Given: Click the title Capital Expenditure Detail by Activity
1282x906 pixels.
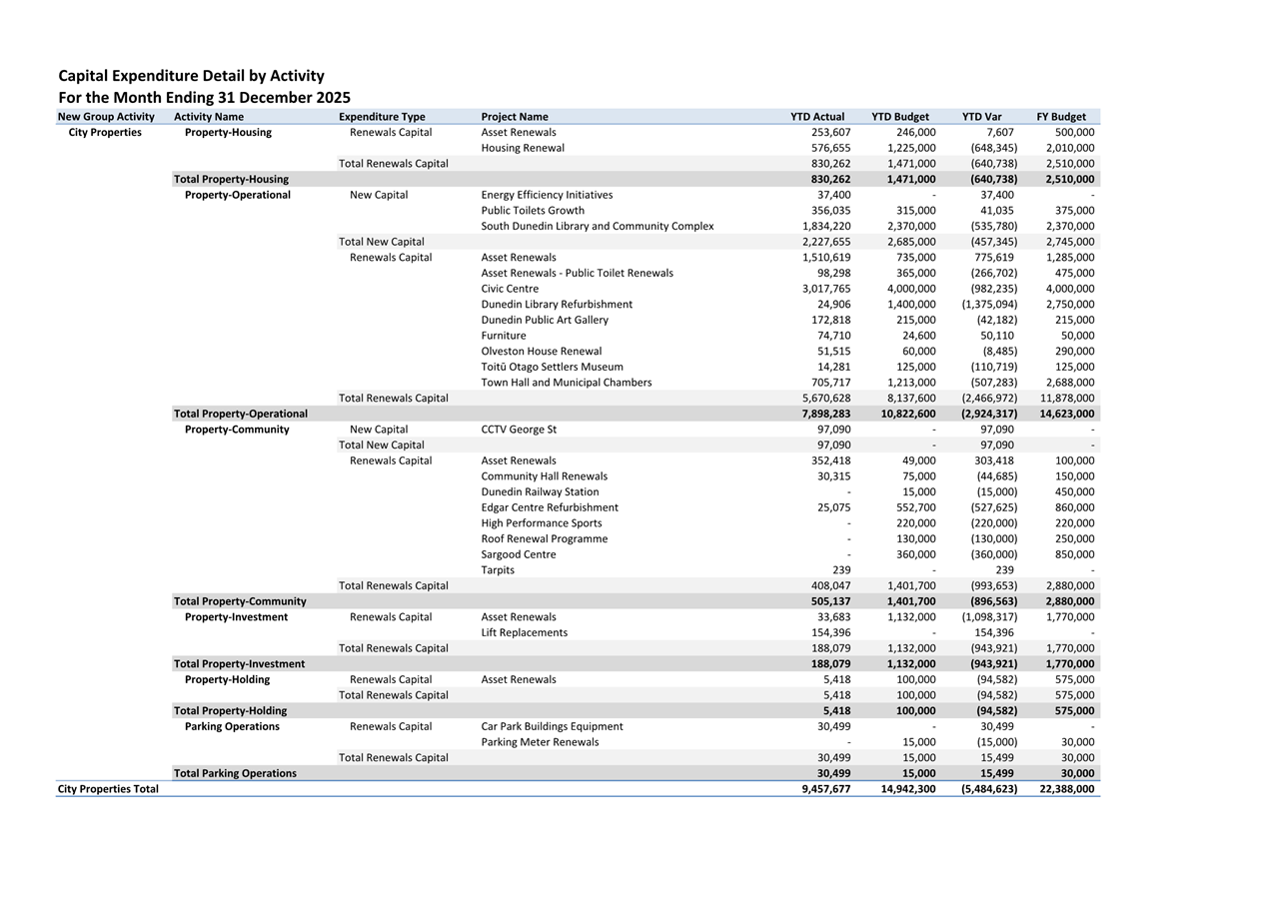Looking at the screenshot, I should pos(191,76).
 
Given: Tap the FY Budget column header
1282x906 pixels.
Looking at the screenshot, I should pos(1061,117).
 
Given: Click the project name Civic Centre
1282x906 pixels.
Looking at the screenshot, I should pos(510,289).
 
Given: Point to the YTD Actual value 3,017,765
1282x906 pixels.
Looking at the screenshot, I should pos(825,289).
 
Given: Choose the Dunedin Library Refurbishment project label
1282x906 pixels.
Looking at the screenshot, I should pos(557,305).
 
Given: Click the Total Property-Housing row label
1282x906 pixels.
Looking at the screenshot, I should pos(231,180).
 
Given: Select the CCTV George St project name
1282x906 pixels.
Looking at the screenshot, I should pos(519,430).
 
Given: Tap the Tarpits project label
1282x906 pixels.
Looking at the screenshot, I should pos(498,570).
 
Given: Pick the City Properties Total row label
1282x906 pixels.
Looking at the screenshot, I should pos(108,789).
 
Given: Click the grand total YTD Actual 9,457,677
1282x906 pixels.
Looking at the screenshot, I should pos(825,789).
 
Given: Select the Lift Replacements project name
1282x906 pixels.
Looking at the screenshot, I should pos(524,632).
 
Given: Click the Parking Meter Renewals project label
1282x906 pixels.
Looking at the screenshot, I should pos(540,742).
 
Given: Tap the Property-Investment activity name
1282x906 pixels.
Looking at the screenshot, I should pos(236,617).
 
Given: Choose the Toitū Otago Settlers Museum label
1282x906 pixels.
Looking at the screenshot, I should pos(552,367).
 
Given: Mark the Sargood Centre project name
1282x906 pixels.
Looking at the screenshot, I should pos(519,554).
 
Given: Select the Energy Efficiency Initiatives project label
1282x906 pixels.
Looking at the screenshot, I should pos(547,195).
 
